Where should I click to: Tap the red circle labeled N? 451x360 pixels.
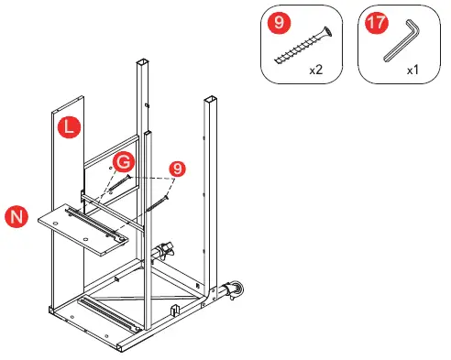click(15, 216)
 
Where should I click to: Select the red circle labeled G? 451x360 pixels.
click(123, 163)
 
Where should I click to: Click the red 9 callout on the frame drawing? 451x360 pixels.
click(178, 169)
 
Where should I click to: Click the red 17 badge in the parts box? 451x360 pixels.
click(374, 22)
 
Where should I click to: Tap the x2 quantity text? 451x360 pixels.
click(316, 69)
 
